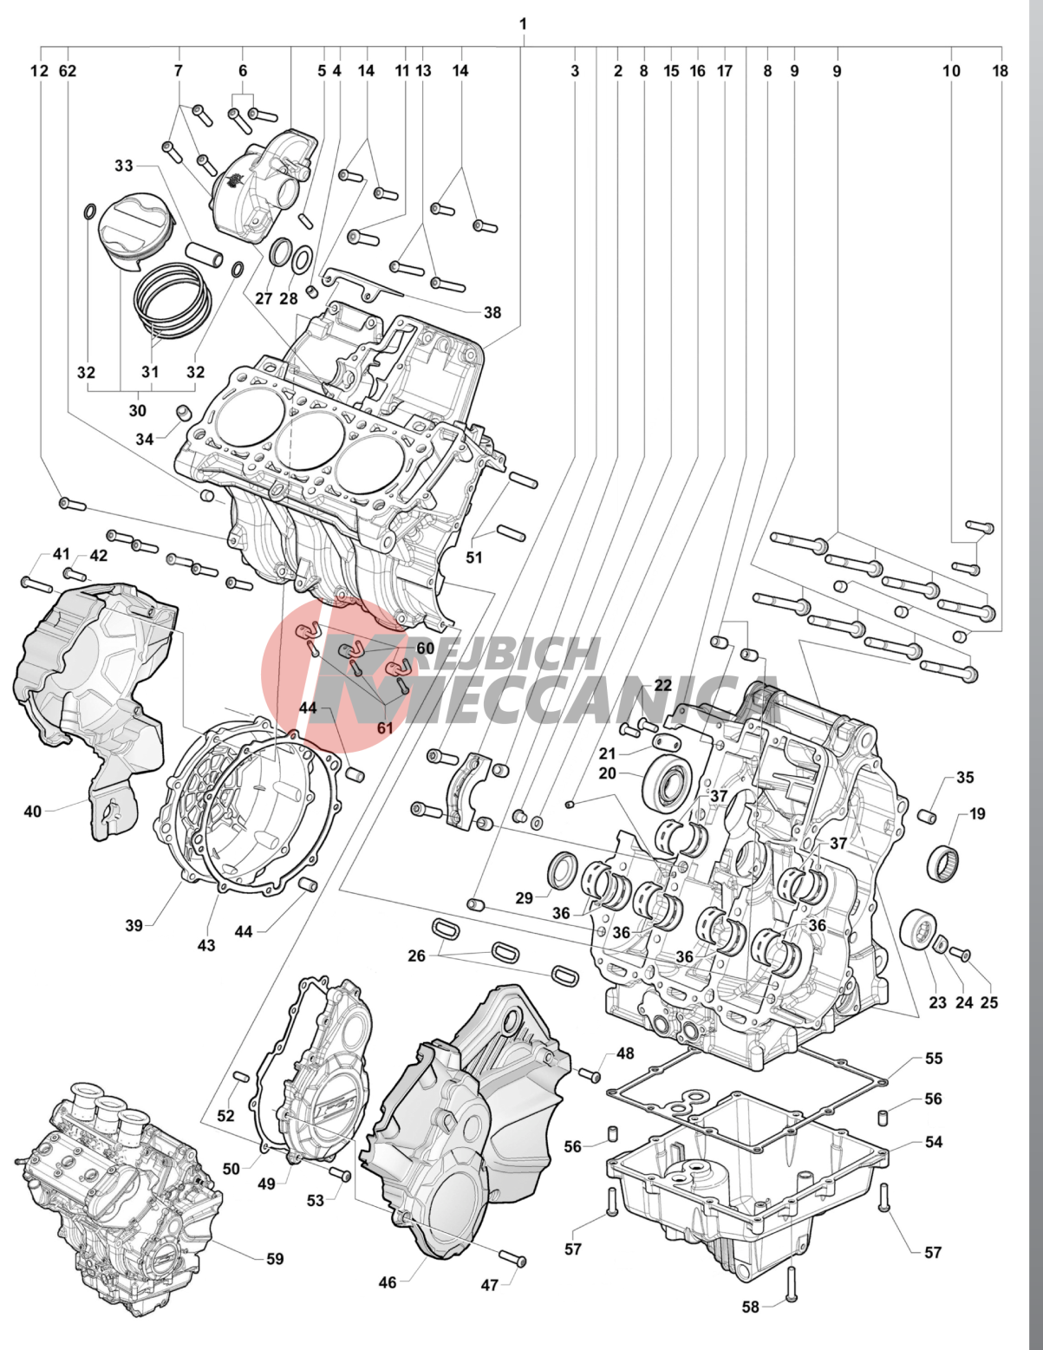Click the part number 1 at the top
pyautogui.click(x=523, y=23)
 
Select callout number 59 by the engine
pyautogui.click(x=275, y=1258)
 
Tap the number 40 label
pyautogui.click(x=32, y=812)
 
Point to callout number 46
pyautogui.click(x=388, y=1282)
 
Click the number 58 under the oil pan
pyautogui.click(x=751, y=1307)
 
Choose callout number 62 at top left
pyautogui.click(x=68, y=70)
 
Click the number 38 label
pyautogui.click(x=492, y=312)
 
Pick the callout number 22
pyautogui.click(x=663, y=685)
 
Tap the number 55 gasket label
pyautogui.click(x=933, y=1058)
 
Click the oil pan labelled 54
pyautogui.click(x=746, y=1188)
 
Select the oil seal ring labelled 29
pyautogui.click(x=564, y=870)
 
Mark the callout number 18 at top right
pyautogui.click(x=1001, y=70)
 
